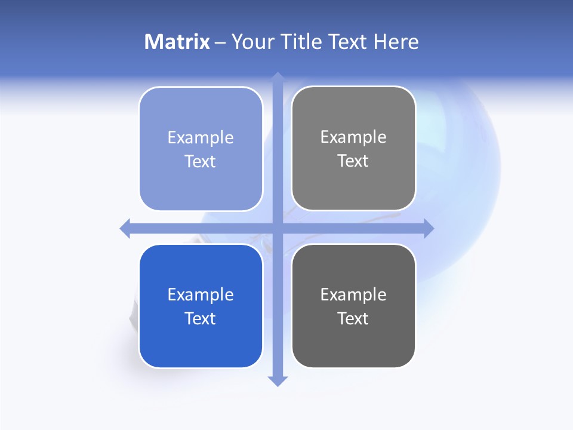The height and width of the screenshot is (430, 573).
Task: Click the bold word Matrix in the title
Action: click(177, 42)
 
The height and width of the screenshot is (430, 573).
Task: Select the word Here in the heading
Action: click(396, 42)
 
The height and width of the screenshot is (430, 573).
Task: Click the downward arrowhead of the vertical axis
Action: click(278, 380)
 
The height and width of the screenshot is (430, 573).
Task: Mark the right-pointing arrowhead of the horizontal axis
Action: click(428, 228)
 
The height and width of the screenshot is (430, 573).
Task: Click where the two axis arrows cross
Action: click(278, 228)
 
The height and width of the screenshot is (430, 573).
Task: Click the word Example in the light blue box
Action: click(201, 138)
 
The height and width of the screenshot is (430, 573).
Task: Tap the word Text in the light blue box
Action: click(201, 161)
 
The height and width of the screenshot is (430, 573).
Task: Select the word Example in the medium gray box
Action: click(353, 137)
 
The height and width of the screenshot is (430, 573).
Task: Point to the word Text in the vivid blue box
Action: click(201, 318)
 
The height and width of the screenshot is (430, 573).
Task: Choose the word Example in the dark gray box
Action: click(353, 294)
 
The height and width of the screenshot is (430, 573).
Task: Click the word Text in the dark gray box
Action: click(353, 318)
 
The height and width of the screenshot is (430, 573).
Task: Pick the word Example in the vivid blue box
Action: click(201, 294)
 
